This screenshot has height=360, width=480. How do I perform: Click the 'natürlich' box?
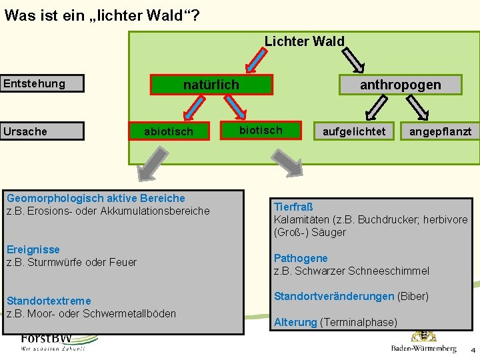pyautogui.click(x=211, y=85)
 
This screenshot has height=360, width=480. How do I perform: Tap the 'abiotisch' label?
pyautogui.click(x=169, y=131)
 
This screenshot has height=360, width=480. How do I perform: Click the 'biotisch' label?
pyautogui.click(x=261, y=130)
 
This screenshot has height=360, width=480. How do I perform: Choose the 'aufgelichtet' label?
pyautogui.click(x=354, y=131)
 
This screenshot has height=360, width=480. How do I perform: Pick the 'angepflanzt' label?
pyautogui.click(x=440, y=131)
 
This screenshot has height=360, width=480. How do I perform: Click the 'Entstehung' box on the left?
pyautogui.click(x=42, y=83)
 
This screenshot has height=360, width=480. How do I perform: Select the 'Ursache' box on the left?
pyautogui.click(x=42, y=131)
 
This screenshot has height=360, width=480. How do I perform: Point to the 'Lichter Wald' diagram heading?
pyautogui.click(x=305, y=41)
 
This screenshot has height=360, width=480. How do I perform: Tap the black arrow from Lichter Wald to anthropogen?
pyautogui.click(x=355, y=61)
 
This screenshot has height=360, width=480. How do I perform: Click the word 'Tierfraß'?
pyautogui.click(x=293, y=207)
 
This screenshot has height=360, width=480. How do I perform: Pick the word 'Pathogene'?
pyautogui.click(x=301, y=258)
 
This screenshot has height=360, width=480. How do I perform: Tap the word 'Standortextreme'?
pyautogui.click(x=49, y=301)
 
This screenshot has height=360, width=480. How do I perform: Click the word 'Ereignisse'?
pyautogui.click(x=33, y=249)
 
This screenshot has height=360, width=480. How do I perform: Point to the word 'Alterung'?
pyautogui.click(x=295, y=322)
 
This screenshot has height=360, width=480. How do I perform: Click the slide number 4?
pyautogui.click(x=473, y=350)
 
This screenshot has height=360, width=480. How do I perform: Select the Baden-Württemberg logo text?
pyautogui.click(x=424, y=349)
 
